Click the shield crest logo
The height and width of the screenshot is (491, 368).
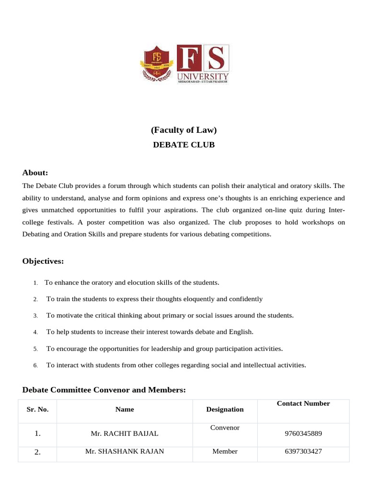156,64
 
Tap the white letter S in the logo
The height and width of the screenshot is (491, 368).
216,58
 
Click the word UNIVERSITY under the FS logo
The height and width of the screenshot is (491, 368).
203,76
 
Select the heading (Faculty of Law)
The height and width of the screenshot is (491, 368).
184,130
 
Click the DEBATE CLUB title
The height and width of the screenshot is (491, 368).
184,145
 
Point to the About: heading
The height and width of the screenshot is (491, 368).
35,173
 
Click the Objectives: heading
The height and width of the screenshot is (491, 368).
43,261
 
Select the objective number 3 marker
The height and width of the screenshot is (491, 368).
35,316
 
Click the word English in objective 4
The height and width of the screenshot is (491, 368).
241,332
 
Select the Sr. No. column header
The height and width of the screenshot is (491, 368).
37,409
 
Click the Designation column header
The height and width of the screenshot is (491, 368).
225,409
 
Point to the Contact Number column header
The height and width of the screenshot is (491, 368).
303,404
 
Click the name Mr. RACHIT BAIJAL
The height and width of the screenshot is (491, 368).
125,433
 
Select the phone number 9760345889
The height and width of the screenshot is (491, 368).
303,433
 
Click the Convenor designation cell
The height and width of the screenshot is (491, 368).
225,428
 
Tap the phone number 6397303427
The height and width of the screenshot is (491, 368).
303,451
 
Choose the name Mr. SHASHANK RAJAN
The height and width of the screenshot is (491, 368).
125,451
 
